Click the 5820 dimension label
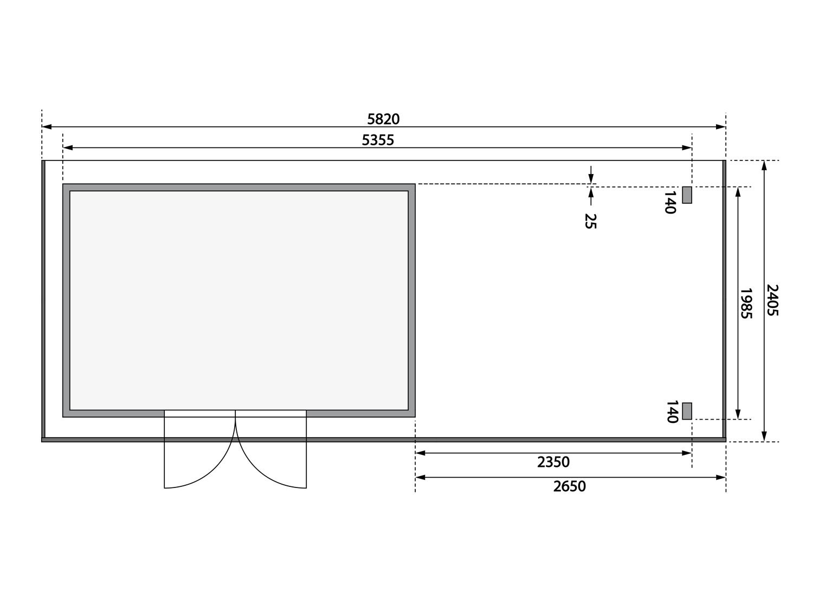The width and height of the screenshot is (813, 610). [x=383, y=119]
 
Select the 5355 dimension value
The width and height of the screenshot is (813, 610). [x=378, y=140]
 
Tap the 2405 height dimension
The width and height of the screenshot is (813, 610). [x=772, y=300]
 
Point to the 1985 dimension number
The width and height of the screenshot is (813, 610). [x=746, y=303]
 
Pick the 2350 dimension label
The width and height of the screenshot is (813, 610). [x=553, y=462]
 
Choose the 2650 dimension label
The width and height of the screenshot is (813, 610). [x=570, y=486]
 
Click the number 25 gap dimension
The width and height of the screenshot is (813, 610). [x=590, y=221]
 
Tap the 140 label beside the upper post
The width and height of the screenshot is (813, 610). [x=670, y=202]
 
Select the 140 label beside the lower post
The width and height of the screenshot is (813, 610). [x=672, y=412]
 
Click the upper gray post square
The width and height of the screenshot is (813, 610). [x=687, y=195]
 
